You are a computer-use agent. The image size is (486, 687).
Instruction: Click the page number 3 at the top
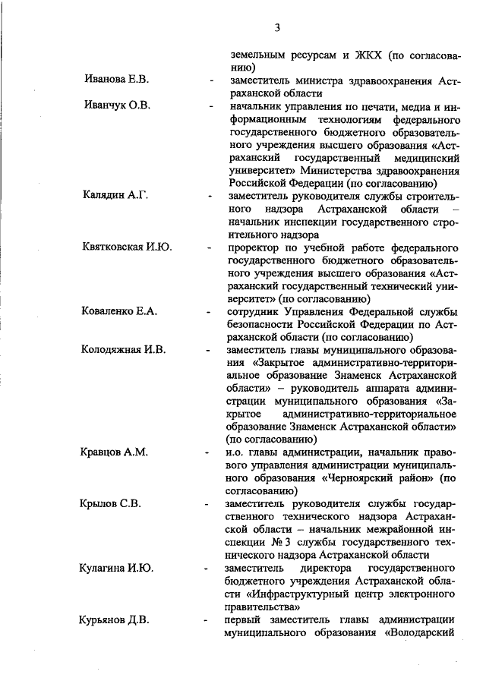(278, 28)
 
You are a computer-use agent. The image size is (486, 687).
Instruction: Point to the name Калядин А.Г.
(115, 194)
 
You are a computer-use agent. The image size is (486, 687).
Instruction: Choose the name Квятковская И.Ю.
(127, 247)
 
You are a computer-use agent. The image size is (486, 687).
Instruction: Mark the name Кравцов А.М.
(115, 452)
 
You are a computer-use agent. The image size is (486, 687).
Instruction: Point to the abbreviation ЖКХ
(368, 55)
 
